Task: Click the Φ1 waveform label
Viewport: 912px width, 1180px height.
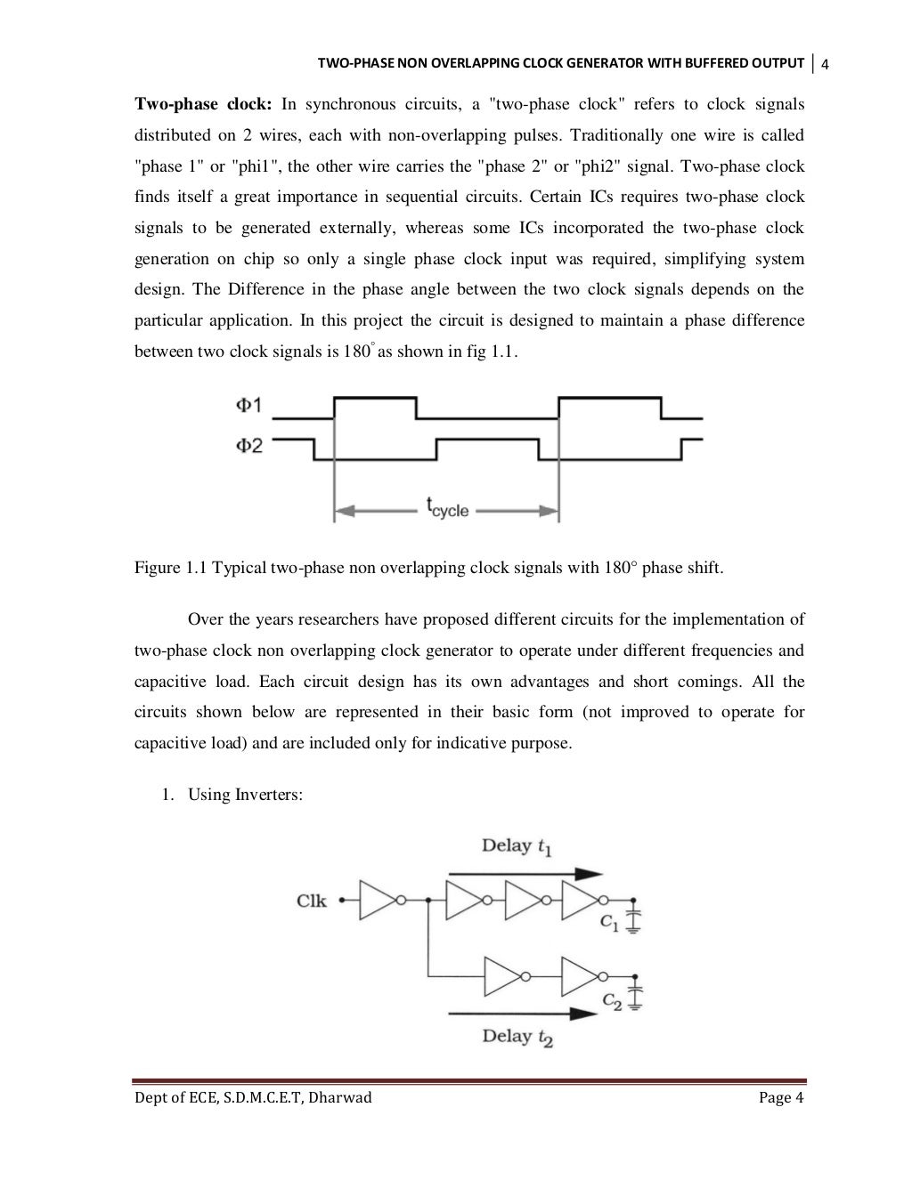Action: coord(248,406)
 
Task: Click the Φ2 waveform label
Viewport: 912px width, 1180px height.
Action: coord(248,446)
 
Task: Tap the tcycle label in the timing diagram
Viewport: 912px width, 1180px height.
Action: coord(447,510)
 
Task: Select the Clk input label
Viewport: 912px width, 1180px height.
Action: coord(312,901)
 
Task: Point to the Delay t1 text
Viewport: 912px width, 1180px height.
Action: coord(517,846)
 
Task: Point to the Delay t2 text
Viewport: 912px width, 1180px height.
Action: coord(517,1037)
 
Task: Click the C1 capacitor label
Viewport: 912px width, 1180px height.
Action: coord(610,924)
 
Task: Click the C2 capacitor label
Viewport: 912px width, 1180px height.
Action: coord(613,1000)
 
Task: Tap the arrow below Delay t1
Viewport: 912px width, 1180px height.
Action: coord(525,873)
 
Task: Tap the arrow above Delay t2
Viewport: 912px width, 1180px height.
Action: coord(521,1013)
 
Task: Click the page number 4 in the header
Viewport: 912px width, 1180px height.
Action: coord(825,64)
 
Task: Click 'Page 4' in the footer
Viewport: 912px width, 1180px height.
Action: coord(781,1098)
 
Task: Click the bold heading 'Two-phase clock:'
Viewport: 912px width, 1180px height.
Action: coord(202,105)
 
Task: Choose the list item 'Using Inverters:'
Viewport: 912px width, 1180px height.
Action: coord(245,795)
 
